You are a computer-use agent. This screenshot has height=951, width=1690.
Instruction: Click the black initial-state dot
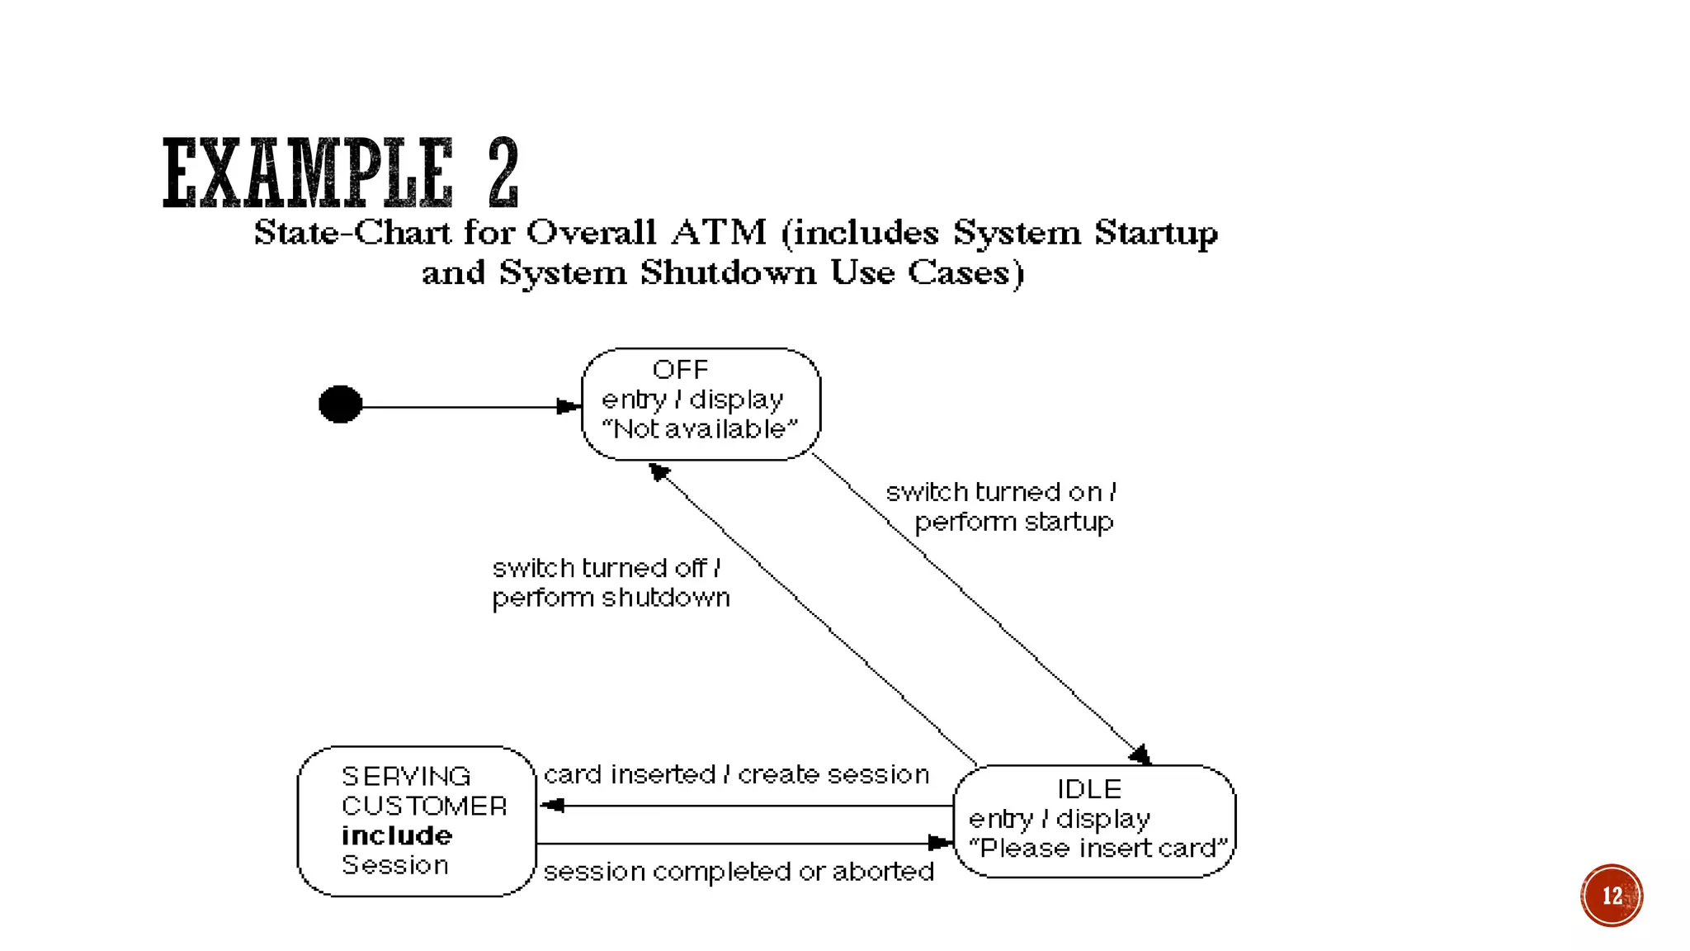point(340,405)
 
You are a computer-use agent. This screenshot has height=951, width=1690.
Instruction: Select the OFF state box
point(701,404)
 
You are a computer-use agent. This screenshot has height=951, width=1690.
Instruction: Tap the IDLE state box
point(1093,821)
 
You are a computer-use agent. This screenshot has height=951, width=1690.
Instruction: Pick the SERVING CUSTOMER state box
point(416,821)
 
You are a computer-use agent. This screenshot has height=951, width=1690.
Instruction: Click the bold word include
point(397,835)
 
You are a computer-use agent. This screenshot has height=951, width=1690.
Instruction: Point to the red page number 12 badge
point(1611,896)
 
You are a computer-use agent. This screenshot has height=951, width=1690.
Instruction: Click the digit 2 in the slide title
point(503,173)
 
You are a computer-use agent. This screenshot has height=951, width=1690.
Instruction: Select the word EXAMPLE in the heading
point(308,173)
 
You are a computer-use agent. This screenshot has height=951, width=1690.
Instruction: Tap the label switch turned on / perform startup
point(1001,507)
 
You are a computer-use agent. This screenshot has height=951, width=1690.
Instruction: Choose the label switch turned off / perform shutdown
point(611,583)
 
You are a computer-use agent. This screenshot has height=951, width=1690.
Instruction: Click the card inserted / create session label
point(736,774)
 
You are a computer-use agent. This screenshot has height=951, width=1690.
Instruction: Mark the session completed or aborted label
point(739,872)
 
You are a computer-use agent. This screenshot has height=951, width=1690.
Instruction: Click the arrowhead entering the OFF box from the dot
point(569,406)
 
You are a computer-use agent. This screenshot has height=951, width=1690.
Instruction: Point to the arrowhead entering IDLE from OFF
point(1140,755)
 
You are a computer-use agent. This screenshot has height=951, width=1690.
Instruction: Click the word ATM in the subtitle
point(719,233)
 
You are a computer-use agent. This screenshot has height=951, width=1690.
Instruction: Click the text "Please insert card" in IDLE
point(1098,849)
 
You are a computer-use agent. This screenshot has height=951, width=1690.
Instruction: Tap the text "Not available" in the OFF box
point(700,429)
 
